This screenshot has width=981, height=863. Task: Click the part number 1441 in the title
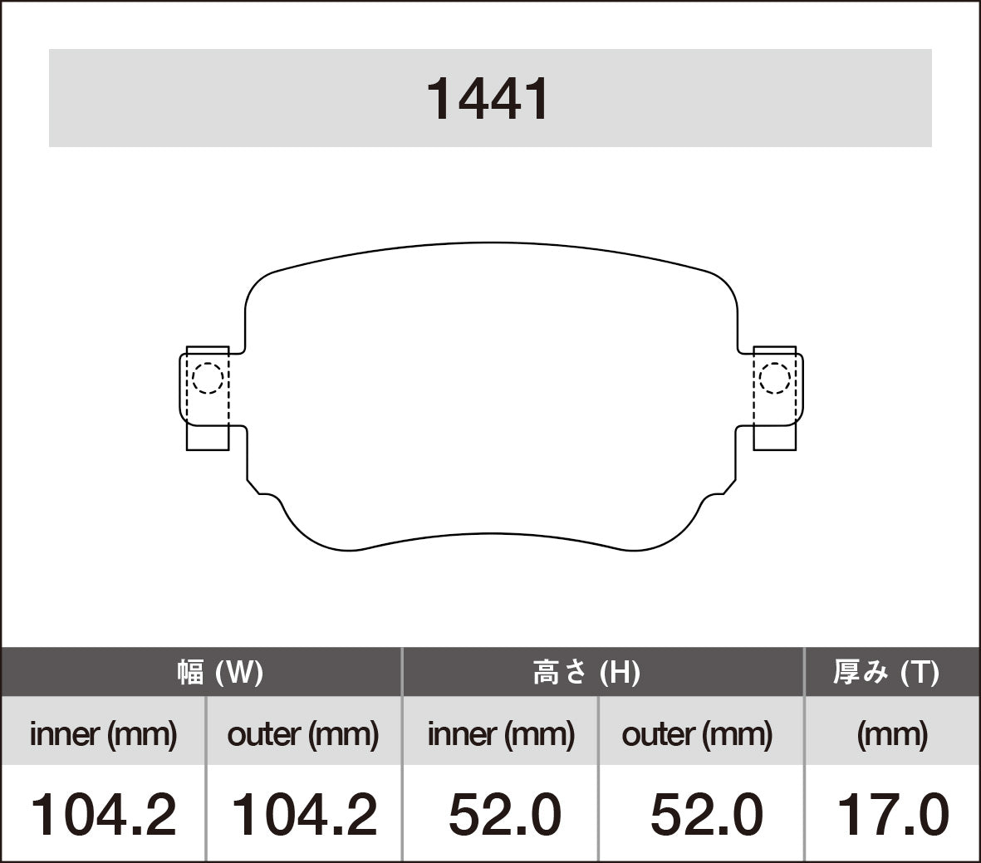click(488, 99)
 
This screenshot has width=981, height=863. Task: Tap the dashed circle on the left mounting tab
click(207, 379)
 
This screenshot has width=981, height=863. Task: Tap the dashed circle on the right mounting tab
click(774, 379)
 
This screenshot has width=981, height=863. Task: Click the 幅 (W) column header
click(220, 672)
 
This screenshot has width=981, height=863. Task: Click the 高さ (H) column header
click(586, 672)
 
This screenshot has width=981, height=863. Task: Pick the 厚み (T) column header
click(886, 672)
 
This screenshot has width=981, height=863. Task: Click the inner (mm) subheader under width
click(103, 733)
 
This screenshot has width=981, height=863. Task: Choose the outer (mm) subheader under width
click(302, 733)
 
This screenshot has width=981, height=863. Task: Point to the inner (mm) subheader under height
click(501, 733)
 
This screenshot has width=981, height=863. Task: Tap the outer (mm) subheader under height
click(697, 733)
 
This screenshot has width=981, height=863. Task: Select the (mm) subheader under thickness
click(892, 733)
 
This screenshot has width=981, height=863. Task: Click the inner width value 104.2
click(103, 814)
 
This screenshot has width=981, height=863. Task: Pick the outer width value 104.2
click(303, 814)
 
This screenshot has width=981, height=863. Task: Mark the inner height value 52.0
click(504, 814)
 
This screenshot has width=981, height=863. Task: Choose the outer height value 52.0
click(706, 814)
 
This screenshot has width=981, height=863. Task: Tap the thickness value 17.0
click(892, 814)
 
